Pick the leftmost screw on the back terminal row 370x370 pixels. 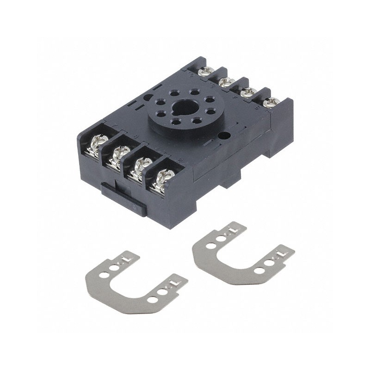206,71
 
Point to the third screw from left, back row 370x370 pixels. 249,92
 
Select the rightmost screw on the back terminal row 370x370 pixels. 271,101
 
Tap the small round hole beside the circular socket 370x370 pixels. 226,136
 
